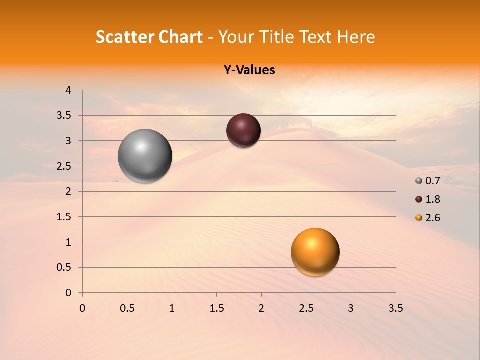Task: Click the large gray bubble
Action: pyautogui.click(x=145, y=156)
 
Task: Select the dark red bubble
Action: pyautogui.click(x=243, y=130)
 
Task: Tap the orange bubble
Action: pyautogui.click(x=315, y=252)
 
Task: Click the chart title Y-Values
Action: pyautogui.click(x=249, y=70)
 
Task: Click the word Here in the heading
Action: pyautogui.click(x=356, y=37)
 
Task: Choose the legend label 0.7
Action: pyautogui.click(x=433, y=181)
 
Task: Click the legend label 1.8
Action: pyautogui.click(x=433, y=199)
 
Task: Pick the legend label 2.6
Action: pyautogui.click(x=433, y=218)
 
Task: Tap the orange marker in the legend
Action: pyautogui.click(x=419, y=218)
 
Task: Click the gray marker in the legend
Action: pyautogui.click(x=419, y=181)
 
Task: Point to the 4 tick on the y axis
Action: pyautogui.click(x=68, y=90)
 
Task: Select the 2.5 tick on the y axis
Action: pyautogui.click(x=64, y=166)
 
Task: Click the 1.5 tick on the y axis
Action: pyautogui.click(x=64, y=217)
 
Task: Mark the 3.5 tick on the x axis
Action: pyautogui.click(x=395, y=308)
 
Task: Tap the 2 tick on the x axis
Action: pyautogui.click(x=261, y=308)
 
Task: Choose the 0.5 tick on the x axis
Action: pyautogui.click(x=127, y=308)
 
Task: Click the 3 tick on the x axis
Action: pyautogui.click(x=351, y=308)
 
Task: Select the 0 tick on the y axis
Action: pyautogui.click(x=68, y=293)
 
